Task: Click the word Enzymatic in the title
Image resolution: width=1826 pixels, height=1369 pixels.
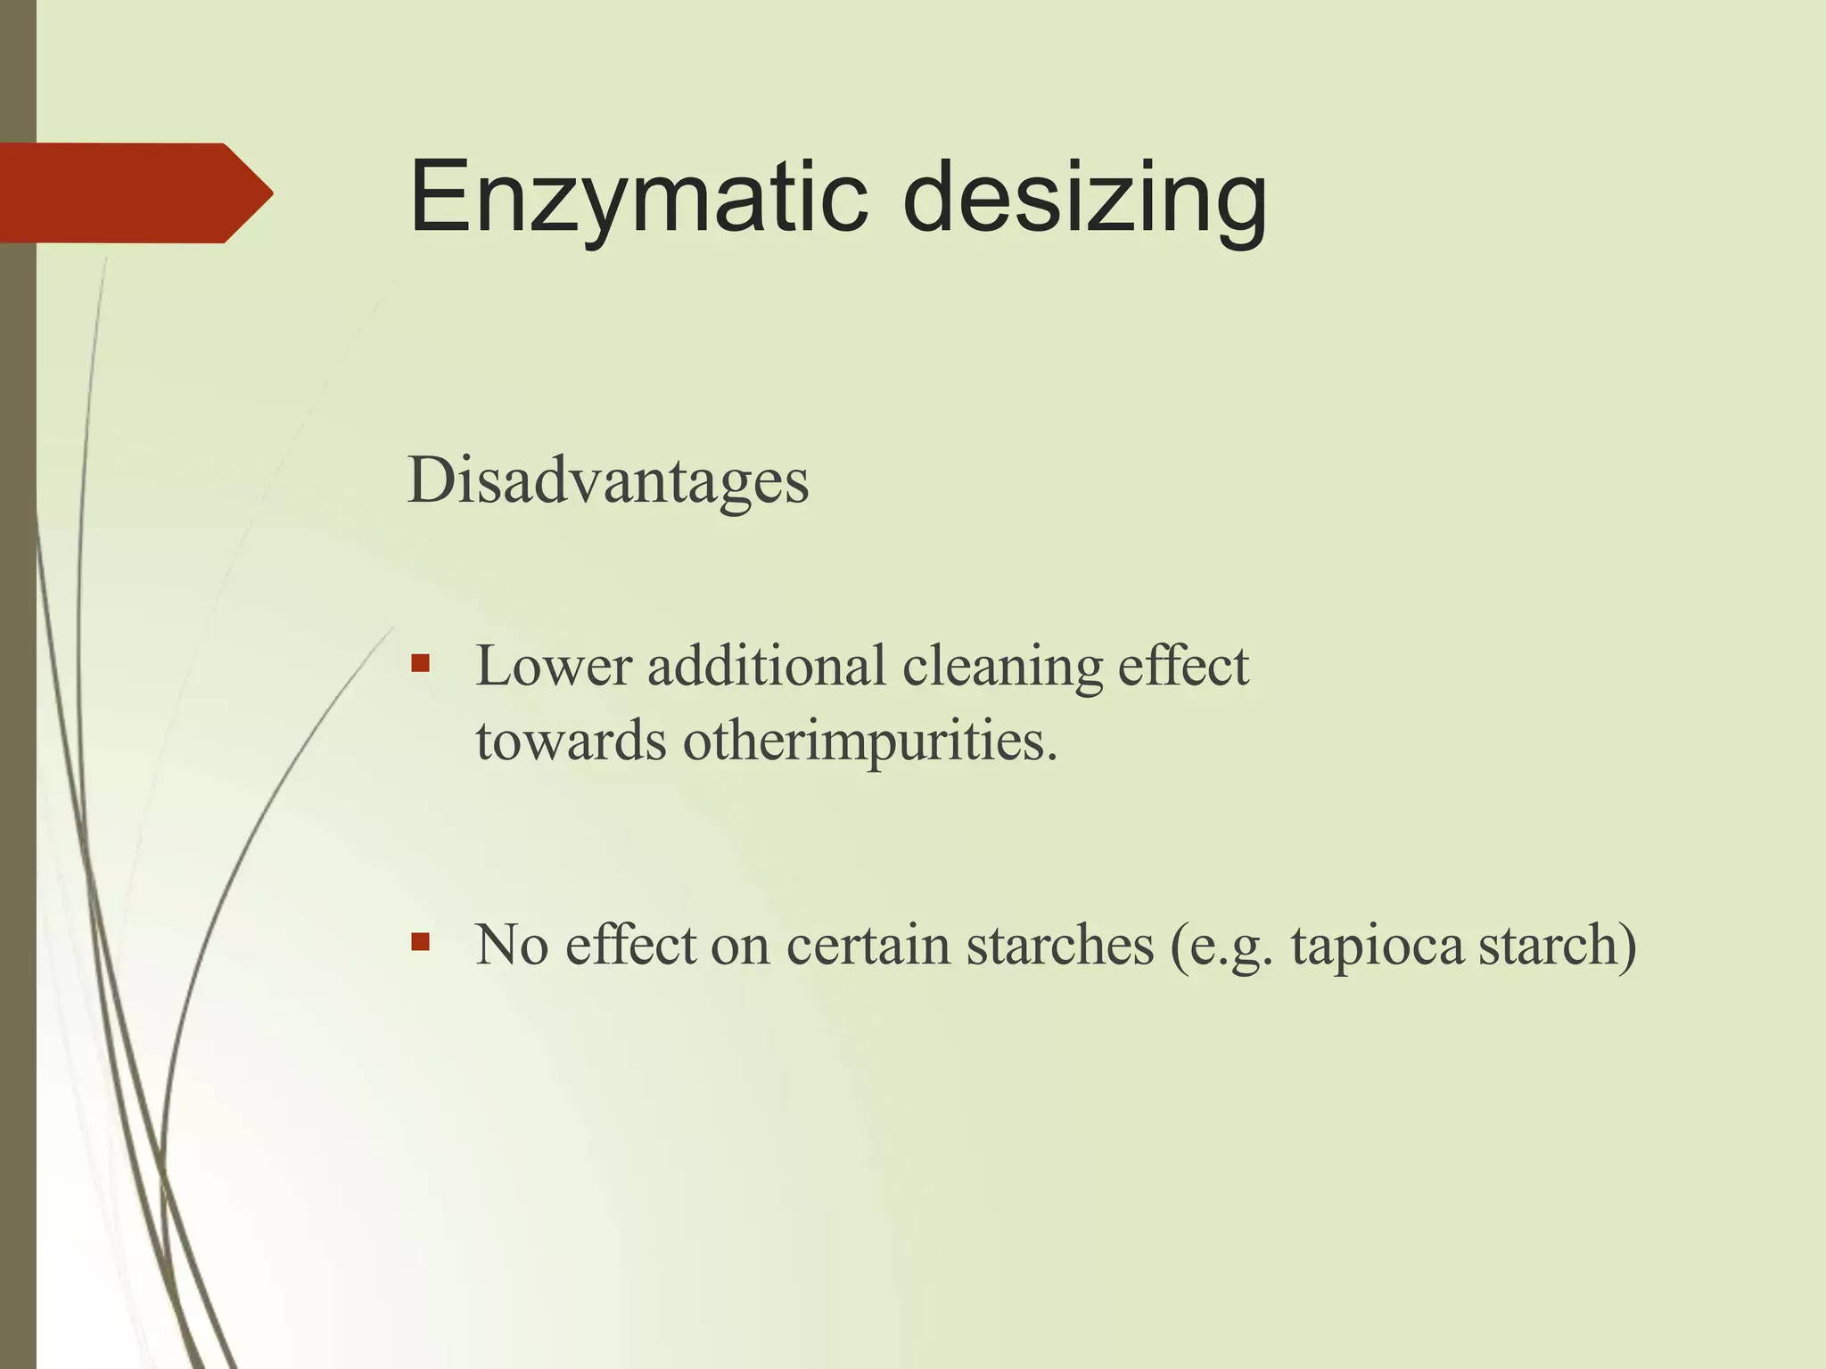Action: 637,198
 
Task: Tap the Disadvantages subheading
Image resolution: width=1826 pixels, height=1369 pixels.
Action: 608,481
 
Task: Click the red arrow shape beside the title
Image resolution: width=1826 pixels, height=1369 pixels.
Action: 134,193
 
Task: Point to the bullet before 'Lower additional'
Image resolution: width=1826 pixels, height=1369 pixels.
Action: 421,663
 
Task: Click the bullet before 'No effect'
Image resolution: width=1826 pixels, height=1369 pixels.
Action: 421,941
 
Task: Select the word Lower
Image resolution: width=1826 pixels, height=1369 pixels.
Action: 553,666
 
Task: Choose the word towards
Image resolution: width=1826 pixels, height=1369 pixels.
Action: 571,741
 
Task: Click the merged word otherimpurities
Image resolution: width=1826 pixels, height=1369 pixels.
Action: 869,741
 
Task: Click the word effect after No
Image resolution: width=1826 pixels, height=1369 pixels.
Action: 630,946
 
